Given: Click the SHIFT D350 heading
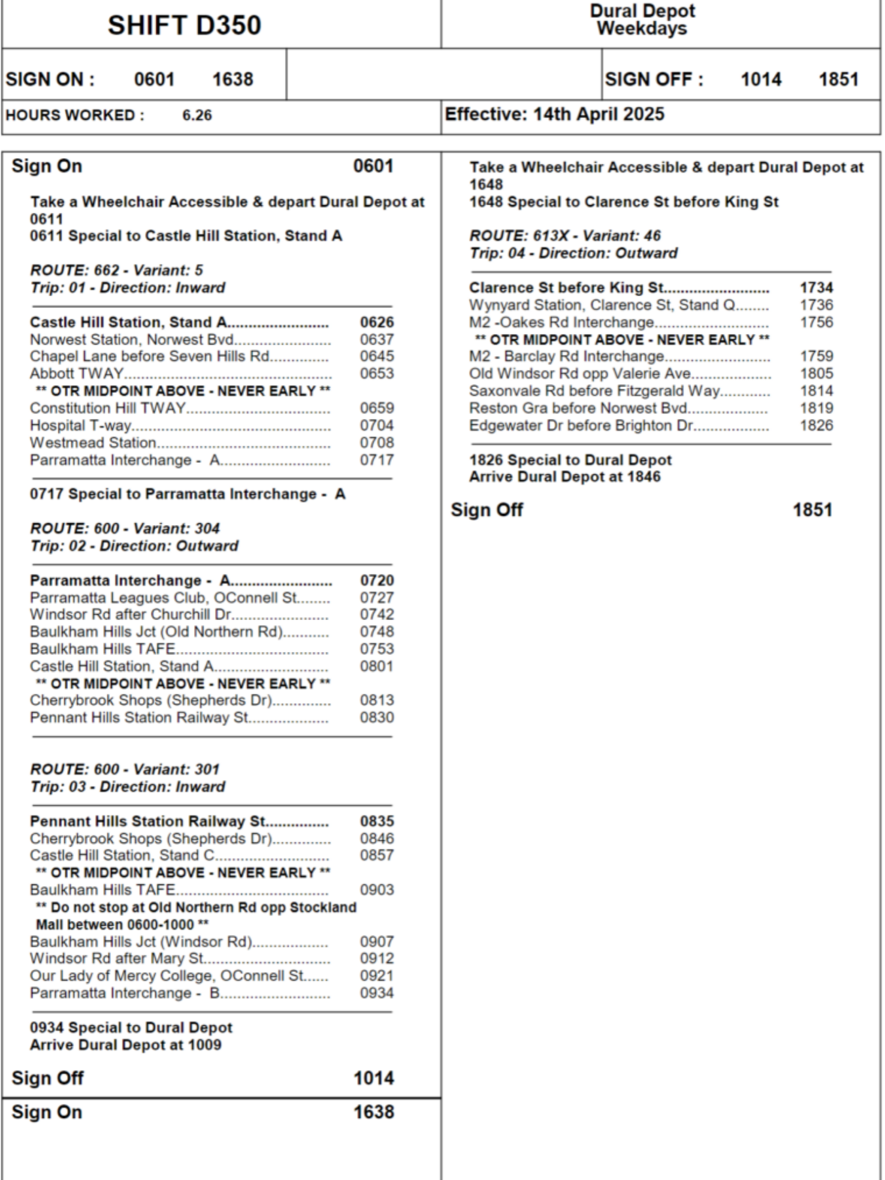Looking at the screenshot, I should click(x=184, y=25).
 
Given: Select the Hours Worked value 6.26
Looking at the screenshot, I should click(x=197, y=115).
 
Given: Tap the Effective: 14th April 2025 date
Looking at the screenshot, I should click(x=554, y=114).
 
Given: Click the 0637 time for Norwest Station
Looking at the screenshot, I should click(x=376, y=339).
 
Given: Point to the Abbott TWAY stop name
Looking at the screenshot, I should click(x=77, y=373).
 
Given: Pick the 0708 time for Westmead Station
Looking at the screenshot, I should click(x=376, y=442).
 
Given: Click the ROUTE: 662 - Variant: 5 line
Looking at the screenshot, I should click(x=116, y=270).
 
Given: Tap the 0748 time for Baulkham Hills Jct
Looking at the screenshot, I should click(x=376, y=632).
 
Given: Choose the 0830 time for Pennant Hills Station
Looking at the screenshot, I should click(x=376, y=717).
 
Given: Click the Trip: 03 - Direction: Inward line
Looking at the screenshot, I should click(x=127, y=786).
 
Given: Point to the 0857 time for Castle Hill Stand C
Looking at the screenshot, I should click(x=376, y=855).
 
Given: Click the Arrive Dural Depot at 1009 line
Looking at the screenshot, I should click(x=126, y=1045).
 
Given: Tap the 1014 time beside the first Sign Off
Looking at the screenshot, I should click(x=373, y=1078).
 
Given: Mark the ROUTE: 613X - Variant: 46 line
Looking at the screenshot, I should click(x=565, y=235).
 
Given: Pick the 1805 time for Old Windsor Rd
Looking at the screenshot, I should click(x=816, y=373).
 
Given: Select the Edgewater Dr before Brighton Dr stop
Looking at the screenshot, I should click(x=581, y=425).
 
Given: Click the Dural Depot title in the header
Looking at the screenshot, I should click(x=642, y=11).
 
